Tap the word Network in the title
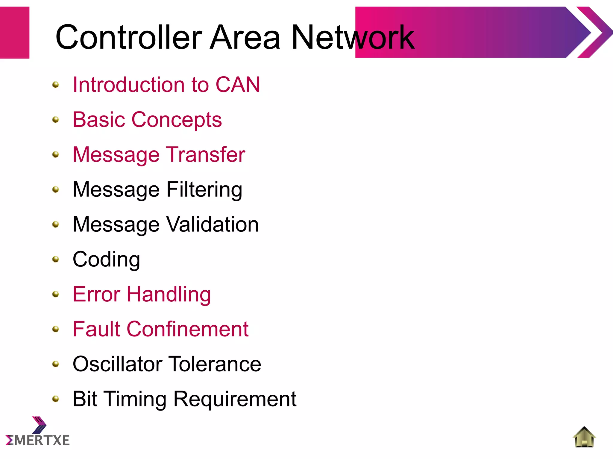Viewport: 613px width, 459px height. [x=352, y=37]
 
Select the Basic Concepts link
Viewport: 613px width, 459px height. [x=147, y=120]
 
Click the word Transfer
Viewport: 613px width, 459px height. [x=205, y=155]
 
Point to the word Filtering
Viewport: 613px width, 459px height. [x=204, y=190]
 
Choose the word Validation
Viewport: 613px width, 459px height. [x=212, y=224]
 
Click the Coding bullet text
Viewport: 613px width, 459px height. [x=106, y=260]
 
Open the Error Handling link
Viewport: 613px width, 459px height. [x=142, y=295]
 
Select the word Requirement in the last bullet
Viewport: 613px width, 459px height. [x=235, y=399]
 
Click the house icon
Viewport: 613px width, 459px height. [x=584, y=437]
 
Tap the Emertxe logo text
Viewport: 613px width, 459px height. [x=38, y=440]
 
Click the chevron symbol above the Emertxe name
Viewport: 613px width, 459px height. [x=39, y=425]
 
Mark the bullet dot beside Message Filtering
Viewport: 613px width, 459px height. [x=56, y=190]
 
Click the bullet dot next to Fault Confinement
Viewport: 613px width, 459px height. [x=56, y=329]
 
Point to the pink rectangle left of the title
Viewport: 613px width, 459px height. [x=14, y=32]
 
